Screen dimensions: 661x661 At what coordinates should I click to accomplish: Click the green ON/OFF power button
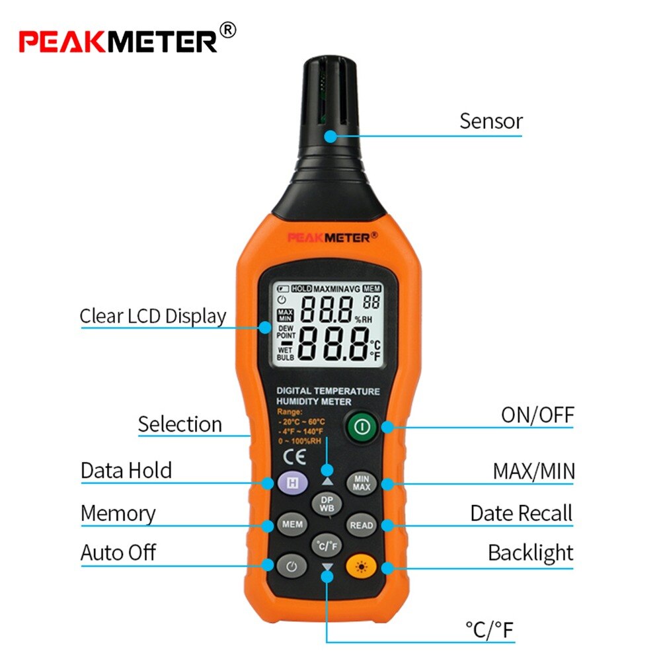[x=360, y=427]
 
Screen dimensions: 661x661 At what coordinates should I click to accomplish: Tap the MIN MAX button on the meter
[x=362, y=483]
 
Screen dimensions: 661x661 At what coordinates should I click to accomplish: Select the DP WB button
[x=327, y=504]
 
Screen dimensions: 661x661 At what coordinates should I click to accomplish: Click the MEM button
[x=292, y=525]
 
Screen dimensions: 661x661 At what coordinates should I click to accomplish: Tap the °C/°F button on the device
[x=327, y=546]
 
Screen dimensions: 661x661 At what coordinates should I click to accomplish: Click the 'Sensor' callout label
[x=490, y=122]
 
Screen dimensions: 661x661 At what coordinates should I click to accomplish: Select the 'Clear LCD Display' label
[x=153, y=316]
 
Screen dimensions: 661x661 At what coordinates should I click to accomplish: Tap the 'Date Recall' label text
[x=521, y=514]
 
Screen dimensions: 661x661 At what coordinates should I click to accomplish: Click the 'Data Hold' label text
[x=126, y=471]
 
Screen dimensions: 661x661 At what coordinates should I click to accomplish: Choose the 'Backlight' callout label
[x=530, y=553]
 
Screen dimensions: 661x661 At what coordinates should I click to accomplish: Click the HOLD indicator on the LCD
[x=301, y=289]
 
